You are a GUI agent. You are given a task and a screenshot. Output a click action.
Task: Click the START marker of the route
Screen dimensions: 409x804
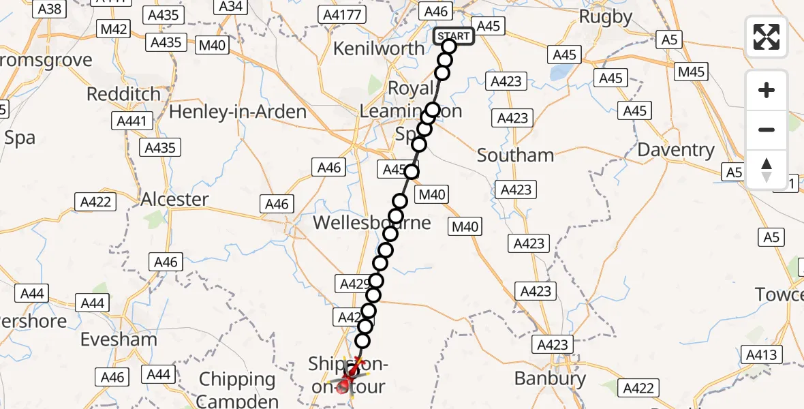coord(453,36)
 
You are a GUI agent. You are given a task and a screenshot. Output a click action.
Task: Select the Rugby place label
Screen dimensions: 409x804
coord(605,16)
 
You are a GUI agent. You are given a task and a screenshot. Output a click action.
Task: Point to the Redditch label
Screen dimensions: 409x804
coord(123,94)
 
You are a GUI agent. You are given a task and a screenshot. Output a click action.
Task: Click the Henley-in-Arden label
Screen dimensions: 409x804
coord(237,111)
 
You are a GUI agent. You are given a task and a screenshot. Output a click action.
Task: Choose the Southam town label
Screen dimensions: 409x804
coord(515,155)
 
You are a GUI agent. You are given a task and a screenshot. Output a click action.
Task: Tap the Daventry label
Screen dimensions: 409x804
coord(676,150)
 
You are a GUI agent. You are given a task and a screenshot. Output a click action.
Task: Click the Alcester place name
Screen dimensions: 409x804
coord(174,199)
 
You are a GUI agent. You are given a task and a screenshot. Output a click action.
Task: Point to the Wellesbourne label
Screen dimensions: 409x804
coord(371,223)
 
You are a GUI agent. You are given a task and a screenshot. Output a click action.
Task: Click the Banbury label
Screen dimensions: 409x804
coord(550,378)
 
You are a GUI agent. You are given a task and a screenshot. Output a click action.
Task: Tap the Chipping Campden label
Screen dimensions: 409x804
coord(237,389)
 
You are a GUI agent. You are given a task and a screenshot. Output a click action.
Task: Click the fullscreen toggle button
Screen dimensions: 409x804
coord(767,37)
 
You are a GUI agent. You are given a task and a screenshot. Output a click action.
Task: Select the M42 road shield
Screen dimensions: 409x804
coord(114,29)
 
